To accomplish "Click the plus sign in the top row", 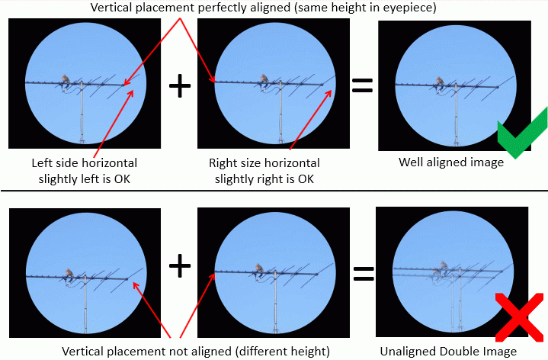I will [x=179, y=87].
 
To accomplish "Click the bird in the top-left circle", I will [x=67, y=82].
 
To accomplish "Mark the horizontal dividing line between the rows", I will [x=274, y=191].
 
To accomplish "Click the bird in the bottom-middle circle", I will [x=260, y=268].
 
